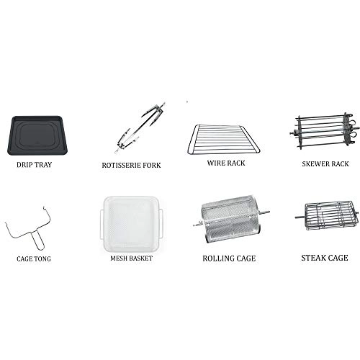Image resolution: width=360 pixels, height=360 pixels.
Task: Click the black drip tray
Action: coord(37,135)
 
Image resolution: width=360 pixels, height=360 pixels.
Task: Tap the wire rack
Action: coord(224,140)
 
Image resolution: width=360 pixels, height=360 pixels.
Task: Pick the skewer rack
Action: coord(325,131)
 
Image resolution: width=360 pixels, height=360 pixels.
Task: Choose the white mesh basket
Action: coord(132,223)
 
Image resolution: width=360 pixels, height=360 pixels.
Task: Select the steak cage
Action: coord(327,217)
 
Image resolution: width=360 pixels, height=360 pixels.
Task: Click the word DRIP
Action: coord(24,165)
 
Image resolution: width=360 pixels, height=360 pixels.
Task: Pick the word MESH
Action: coord(118,258)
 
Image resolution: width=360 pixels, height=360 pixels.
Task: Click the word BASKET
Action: coord(140,258)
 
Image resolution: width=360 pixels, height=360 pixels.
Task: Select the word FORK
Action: coord(152,166)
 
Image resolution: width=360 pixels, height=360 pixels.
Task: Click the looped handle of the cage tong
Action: coord(39,240)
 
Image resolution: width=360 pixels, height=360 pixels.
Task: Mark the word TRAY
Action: coord(42,165)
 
